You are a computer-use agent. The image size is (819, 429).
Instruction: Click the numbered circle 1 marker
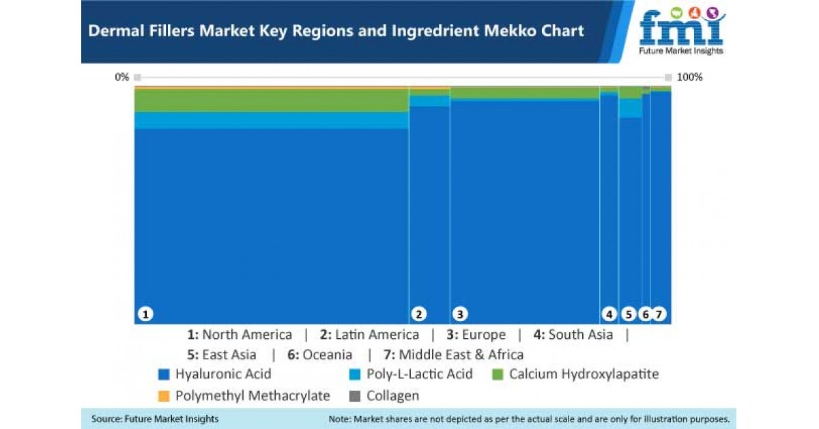145,314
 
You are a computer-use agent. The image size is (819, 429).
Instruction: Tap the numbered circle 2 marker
419,314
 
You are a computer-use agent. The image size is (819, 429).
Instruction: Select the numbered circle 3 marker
460,314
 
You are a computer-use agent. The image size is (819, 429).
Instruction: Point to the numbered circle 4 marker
609,314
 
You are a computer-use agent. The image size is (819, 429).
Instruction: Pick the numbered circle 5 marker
629,314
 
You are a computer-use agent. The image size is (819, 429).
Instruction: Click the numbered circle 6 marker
645,314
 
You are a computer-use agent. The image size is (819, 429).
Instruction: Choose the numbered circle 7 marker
659,314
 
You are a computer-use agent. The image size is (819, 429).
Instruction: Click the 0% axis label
121,77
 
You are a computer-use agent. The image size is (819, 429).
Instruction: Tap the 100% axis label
689,77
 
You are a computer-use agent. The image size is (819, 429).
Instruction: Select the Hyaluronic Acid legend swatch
163,374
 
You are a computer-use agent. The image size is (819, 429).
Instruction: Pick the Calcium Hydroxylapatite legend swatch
498,374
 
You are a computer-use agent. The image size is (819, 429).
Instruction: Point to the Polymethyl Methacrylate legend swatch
163,396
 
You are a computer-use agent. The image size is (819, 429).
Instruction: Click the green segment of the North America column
271,100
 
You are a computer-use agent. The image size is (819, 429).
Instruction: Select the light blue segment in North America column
271,120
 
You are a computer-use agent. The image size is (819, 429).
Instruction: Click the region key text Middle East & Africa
461,355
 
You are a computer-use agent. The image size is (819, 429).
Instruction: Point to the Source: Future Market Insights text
155,418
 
